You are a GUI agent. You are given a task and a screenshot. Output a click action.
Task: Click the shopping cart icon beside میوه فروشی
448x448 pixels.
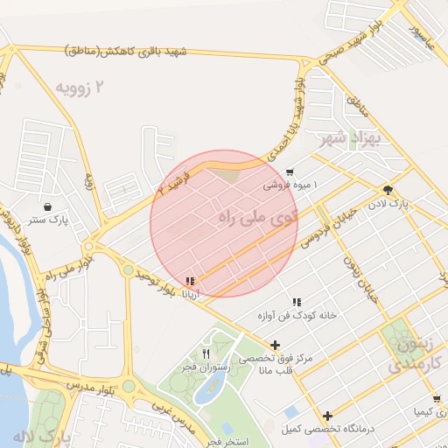pos(290,172)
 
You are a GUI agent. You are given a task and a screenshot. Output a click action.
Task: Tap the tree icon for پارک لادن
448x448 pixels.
pos(386,190)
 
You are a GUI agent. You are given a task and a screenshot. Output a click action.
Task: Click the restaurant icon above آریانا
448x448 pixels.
pos(190,282)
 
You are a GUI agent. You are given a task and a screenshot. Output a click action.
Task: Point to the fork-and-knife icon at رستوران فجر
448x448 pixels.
pos(206,353)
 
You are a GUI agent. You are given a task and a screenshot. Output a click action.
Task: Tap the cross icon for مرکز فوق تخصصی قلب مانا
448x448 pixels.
pos(276,345)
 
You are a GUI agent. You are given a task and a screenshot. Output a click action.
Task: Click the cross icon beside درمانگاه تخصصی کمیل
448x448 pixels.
pos(327,416)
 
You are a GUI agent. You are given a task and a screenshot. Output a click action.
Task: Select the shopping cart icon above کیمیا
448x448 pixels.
pos(437,399)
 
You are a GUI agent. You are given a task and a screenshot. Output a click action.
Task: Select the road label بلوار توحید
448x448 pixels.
pos(156,282)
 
